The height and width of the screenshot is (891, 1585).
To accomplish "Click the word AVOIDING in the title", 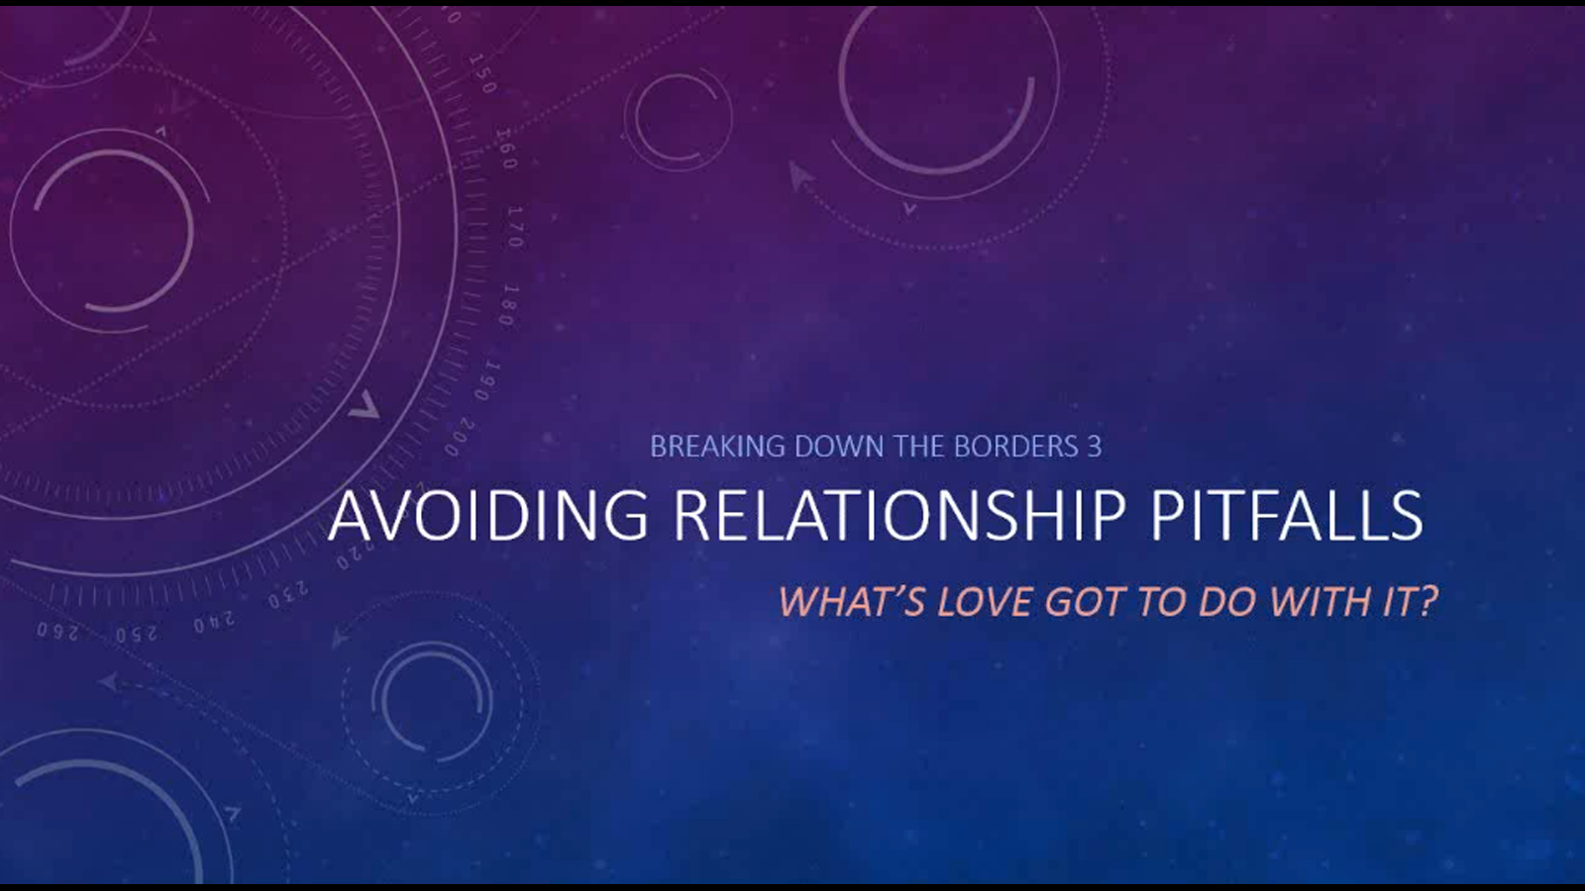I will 488,515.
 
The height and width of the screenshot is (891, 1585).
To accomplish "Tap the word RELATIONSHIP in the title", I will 899,515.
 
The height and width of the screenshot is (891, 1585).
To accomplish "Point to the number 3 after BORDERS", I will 1095,446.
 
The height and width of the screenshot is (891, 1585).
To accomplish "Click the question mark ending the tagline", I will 1427,602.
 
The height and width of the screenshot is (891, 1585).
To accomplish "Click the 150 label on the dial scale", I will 482,74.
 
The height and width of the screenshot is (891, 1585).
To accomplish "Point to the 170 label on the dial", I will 515,227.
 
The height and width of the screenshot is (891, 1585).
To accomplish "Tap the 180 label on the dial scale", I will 509,305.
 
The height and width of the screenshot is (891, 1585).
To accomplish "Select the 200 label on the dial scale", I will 459,438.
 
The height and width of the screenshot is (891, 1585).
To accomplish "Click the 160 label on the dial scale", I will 506,148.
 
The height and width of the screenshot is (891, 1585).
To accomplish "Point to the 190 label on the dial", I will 487,381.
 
